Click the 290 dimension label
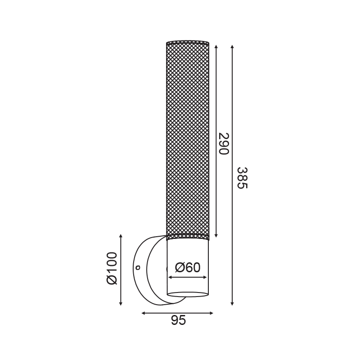[224, 144]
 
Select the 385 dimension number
[243, 178]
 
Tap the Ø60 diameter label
[188, 267]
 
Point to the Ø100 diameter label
[112, 268]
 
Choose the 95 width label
[178, 320]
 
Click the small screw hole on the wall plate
[138, 267]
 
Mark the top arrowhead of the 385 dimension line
[232, 47]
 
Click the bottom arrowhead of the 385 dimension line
[232, 303]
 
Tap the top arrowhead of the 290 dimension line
[216, 47]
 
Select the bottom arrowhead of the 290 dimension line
[216, 235]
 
